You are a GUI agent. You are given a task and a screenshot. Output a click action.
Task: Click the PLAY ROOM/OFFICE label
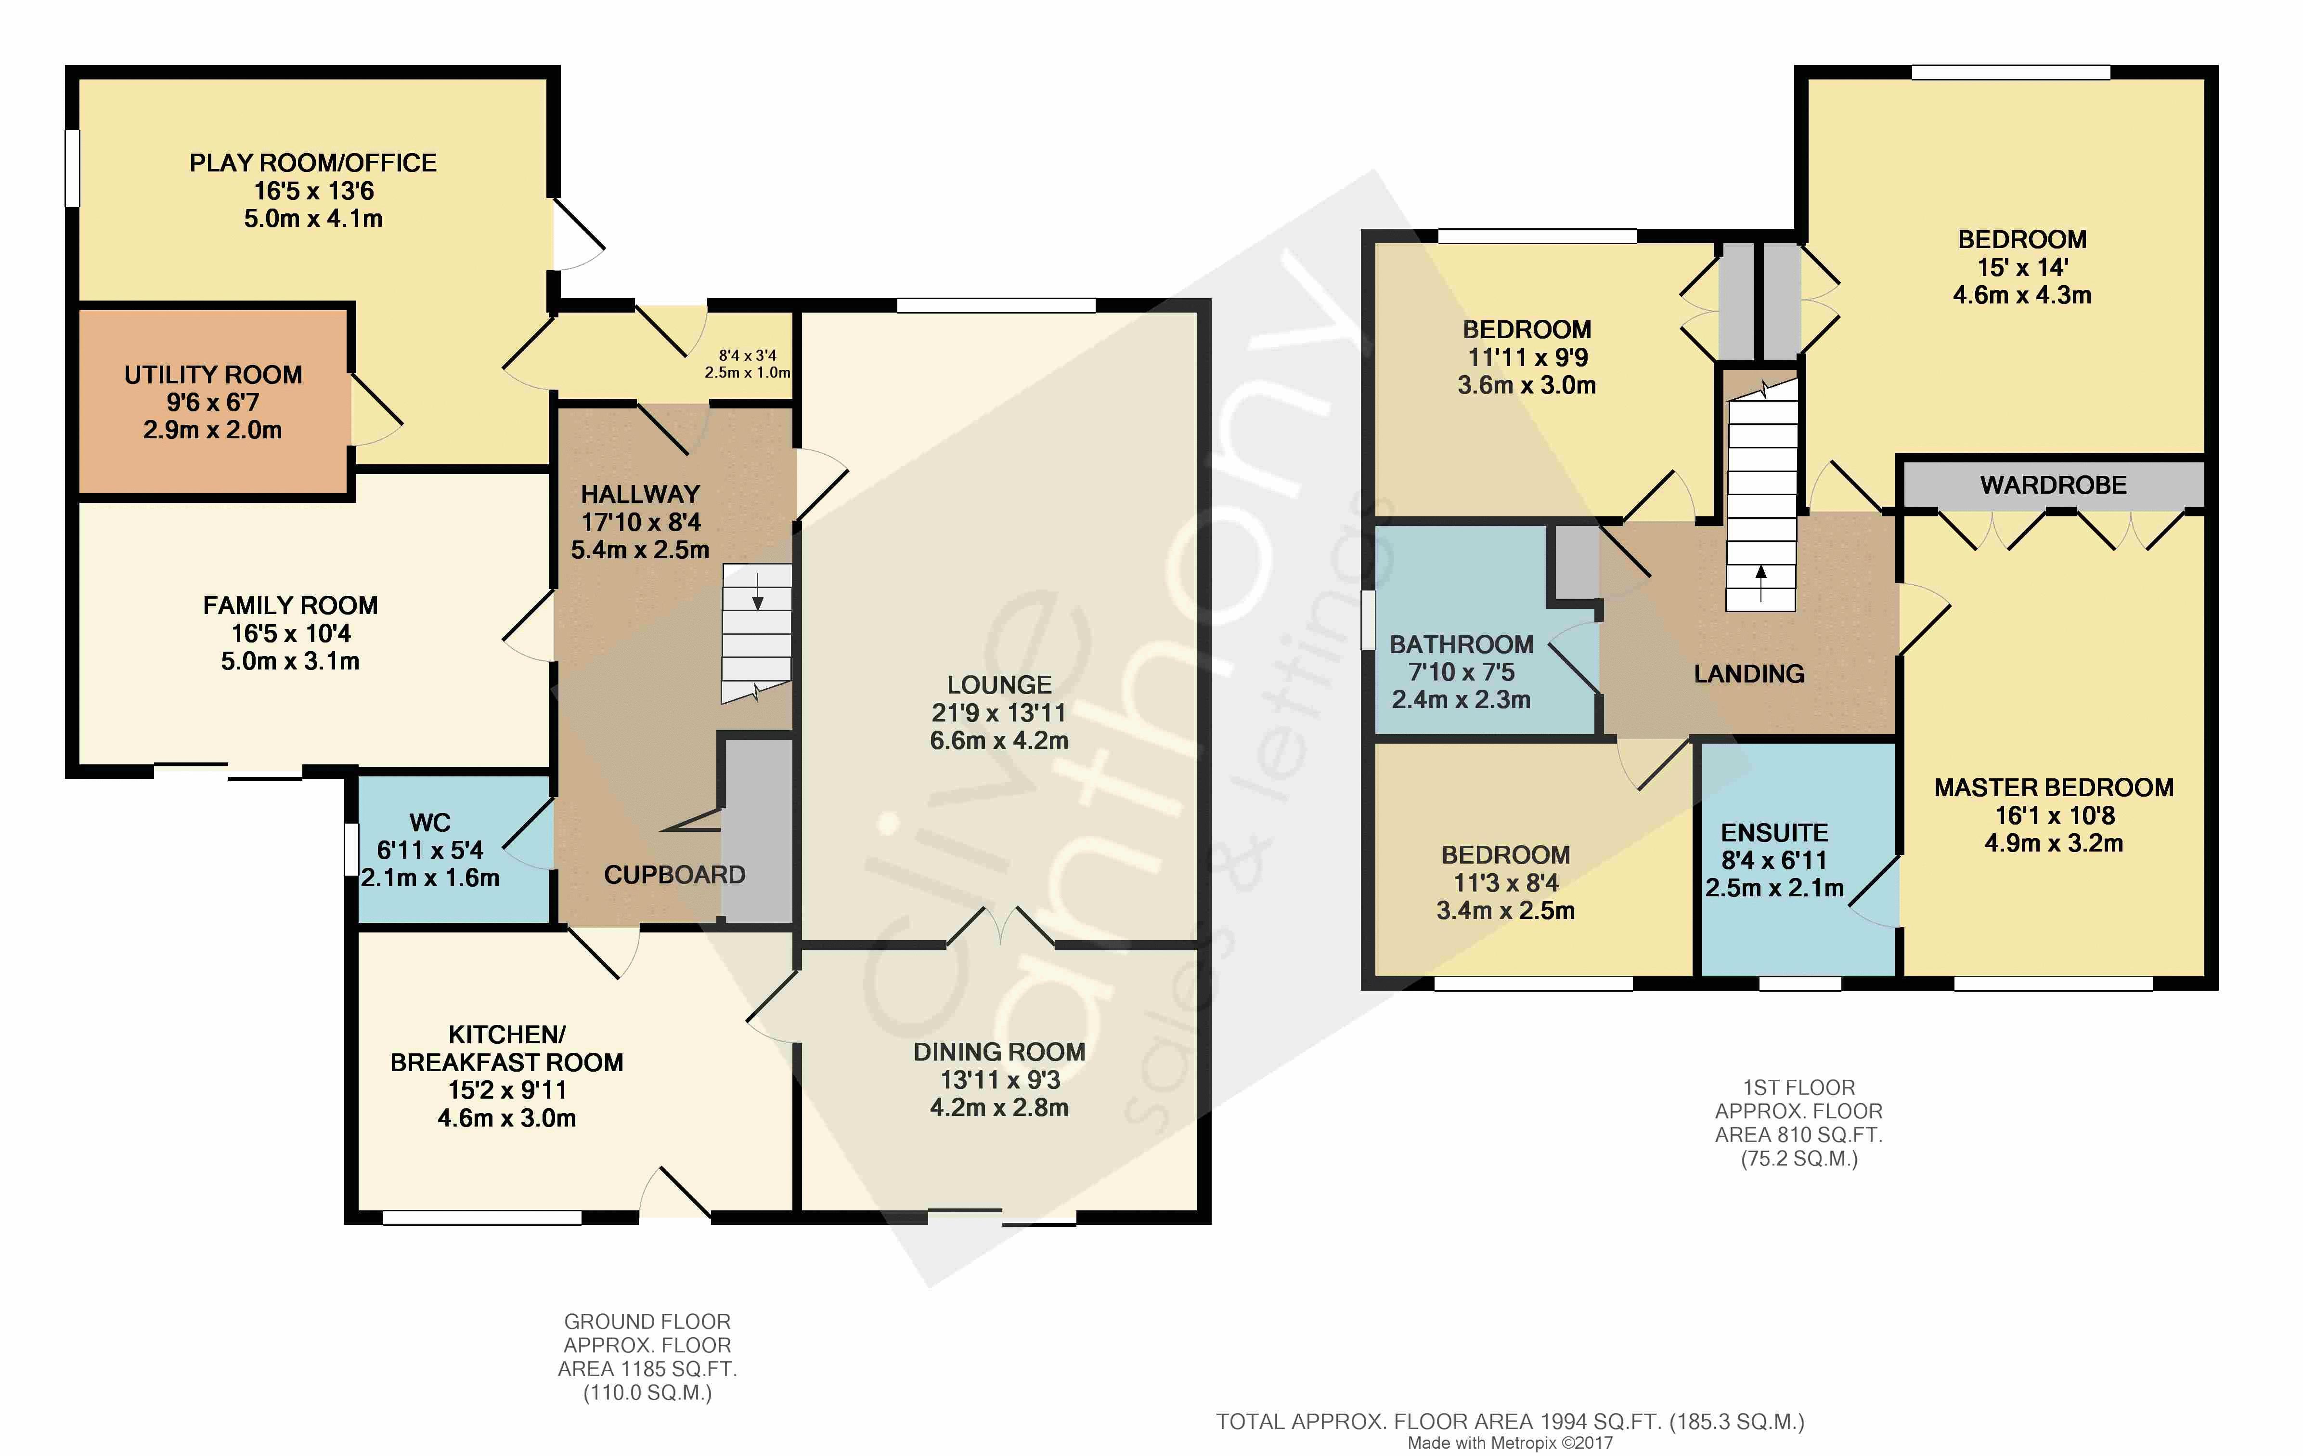tap(313, 164)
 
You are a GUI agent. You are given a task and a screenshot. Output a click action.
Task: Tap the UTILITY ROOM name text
tap(213, 375)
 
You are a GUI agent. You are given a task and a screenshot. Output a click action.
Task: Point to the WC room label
tap(429, 823)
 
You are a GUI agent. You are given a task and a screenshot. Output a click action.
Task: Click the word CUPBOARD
tap(674, 875)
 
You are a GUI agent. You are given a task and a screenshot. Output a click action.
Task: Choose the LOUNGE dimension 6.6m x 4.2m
tap(999, 740)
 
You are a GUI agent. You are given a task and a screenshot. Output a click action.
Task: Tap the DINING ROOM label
tap(999, 1052)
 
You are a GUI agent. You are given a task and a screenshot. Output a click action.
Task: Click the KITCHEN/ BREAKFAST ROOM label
tap(507, 1049)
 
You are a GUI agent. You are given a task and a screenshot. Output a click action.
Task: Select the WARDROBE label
tap(2053, 485)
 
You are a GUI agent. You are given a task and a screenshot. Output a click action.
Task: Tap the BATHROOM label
tap(1462, 645)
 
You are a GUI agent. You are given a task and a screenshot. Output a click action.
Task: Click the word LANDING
tap(1749, 674)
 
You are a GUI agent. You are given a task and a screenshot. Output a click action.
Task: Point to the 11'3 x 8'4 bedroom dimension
tap(1505, 883)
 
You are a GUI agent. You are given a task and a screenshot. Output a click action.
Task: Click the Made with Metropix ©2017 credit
tap(1510, 1443)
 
